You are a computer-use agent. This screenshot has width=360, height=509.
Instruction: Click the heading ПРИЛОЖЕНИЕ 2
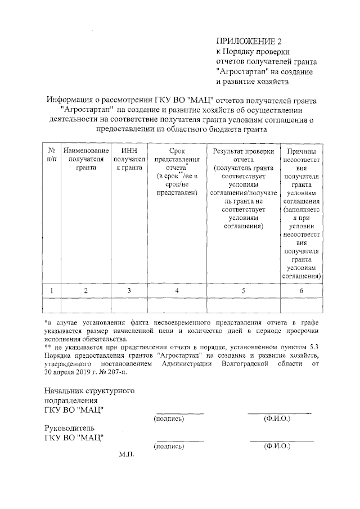click(x=248, y=41)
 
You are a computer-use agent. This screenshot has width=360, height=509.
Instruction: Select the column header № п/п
click(x=51, y=156)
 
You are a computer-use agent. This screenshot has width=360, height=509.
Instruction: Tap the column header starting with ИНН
click(x=129, y=160)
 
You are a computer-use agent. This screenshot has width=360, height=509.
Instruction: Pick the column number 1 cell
click(x=51, y=291)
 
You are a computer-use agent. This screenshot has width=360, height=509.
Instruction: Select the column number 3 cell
click(x=129, y=291)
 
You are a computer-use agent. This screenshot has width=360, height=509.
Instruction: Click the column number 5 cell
click(x=244, y=291)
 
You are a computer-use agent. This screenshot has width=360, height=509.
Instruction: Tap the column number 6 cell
click(x=301, y=291)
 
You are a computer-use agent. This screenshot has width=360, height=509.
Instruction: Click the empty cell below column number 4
click(x=177, y=305)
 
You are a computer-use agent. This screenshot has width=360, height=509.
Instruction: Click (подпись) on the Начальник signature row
click(x=169, y=418)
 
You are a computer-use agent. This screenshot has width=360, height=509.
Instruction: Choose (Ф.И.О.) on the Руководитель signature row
click(x=277, y=446)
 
